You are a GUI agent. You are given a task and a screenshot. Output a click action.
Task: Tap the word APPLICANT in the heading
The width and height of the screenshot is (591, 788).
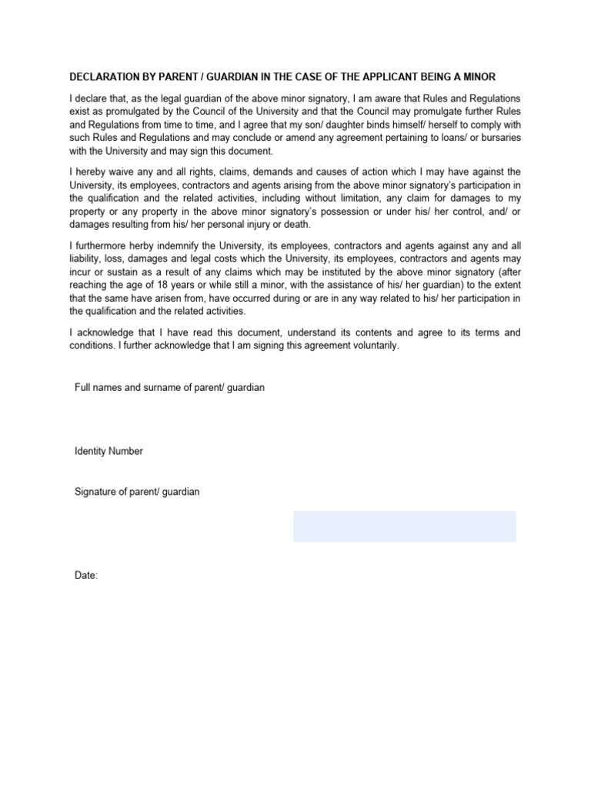click(x=402, y=77)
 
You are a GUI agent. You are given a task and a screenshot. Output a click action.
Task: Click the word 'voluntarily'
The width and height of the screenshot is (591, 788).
click(x=372, y=346)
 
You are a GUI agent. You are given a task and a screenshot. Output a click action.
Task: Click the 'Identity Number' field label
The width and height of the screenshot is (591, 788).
click(x=109, y=451)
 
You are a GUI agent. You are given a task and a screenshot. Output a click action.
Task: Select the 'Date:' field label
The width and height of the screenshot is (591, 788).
click(x=86, y=576)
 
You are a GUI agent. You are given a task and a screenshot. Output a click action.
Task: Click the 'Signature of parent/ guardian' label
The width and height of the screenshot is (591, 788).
click(x=137, y=491)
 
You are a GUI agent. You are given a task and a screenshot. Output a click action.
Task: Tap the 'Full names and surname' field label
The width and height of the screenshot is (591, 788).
click(x=169, y=388)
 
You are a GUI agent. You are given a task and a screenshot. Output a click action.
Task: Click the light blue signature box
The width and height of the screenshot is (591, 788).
click(x=404, y=526)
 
